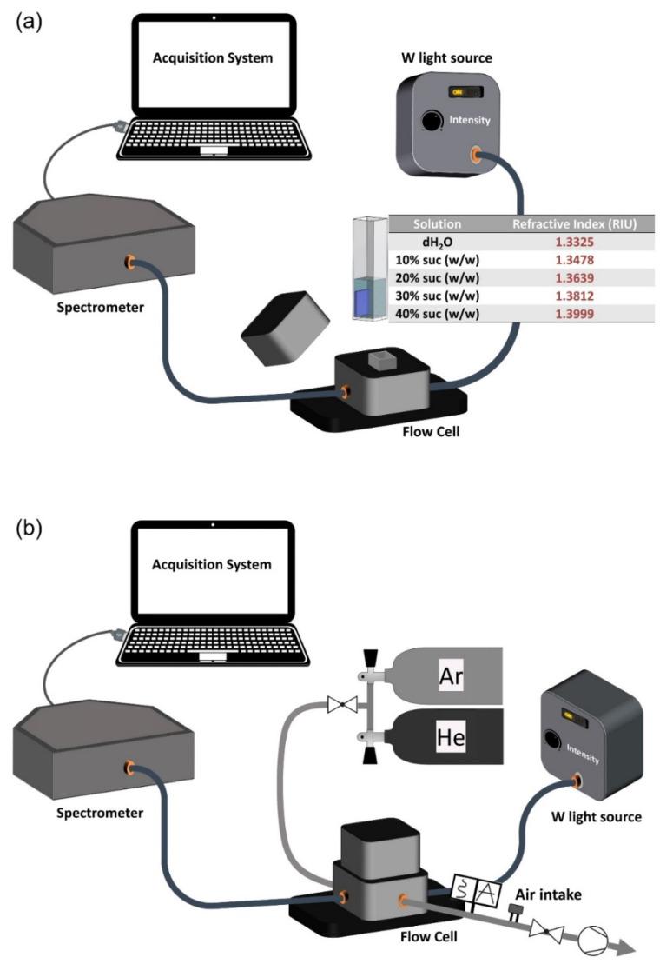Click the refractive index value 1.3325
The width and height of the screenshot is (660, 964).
(x=574, y=243)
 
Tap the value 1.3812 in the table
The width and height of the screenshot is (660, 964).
(x=574, y=296)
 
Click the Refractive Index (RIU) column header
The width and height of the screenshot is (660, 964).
(x=574, y=224)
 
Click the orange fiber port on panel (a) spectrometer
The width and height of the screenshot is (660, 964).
(x=129, y=260)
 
